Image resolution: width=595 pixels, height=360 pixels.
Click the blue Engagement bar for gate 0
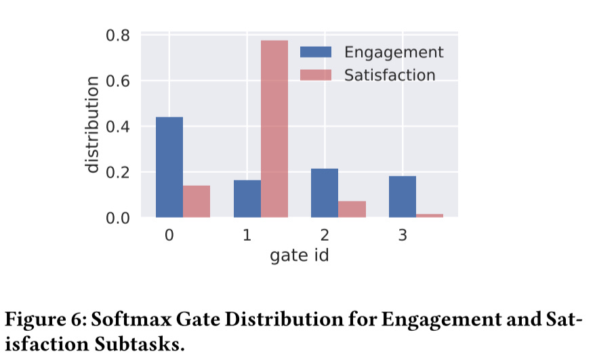pos(169,167)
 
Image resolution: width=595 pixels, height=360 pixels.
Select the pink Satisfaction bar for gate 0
pos(197,201)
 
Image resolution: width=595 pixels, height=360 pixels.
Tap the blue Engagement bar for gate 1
pos(247,199)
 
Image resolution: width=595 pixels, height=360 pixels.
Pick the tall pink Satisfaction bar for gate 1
pos(274,129)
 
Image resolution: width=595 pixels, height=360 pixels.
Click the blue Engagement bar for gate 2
pos(325,193)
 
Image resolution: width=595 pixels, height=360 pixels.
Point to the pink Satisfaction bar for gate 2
pos(352,209)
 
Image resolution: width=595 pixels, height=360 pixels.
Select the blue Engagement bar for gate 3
pos(403,197)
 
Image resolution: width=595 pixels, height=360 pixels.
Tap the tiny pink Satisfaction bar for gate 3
pos(430,216)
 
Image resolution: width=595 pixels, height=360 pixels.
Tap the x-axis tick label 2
pos(325,235)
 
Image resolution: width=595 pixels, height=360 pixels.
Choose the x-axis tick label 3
pos(403,235)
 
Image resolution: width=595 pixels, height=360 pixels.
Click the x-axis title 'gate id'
pos(300,256)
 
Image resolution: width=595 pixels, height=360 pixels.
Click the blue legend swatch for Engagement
pos(316,52)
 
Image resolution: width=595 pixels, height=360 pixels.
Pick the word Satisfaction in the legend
pos(390,75)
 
